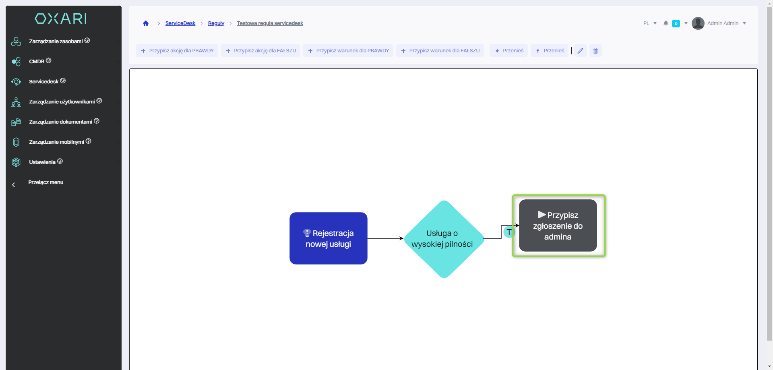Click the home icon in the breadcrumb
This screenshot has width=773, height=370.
(146, 23)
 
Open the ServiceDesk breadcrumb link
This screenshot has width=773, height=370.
(180, 23)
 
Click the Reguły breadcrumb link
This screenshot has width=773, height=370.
(216, 23)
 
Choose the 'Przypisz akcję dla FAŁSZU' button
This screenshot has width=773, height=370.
(260, 51)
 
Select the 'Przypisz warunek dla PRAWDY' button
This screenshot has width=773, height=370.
(348, 51)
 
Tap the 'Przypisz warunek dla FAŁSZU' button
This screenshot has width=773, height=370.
(440, 51)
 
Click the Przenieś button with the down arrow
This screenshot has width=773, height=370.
(509, 51)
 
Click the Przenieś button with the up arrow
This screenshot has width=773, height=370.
(550, 51)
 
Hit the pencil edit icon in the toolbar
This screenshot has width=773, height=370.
(580, 51)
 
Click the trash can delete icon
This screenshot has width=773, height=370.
(595, 51)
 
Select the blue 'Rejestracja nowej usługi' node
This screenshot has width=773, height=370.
(328, 238)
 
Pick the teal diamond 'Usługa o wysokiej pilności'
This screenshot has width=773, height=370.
(444, 239)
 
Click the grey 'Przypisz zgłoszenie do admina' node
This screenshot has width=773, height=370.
(558, 226)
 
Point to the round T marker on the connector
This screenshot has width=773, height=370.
(509, 232)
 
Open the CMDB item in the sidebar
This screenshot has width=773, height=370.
(37, 62)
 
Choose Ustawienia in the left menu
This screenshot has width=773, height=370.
(42, 162)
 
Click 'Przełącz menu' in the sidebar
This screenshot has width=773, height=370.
(45, 182)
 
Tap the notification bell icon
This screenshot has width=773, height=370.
(666, 23)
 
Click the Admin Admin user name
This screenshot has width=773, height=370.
(723, 23)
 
